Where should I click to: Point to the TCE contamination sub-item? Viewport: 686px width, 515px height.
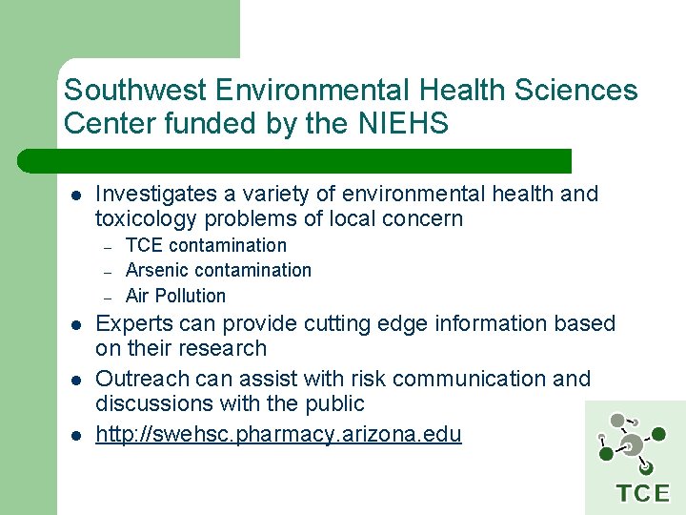click(206, 245)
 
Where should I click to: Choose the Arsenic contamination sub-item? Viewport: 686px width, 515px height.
click(218, 270)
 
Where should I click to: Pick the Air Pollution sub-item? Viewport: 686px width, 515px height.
click(175, 296)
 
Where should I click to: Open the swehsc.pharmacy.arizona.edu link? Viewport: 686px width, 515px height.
click(278, 435)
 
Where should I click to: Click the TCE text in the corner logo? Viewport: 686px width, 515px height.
click(642, 493)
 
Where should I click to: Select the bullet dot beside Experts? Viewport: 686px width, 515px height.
click(75, 325)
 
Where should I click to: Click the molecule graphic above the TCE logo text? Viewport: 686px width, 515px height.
click(632, 442)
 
